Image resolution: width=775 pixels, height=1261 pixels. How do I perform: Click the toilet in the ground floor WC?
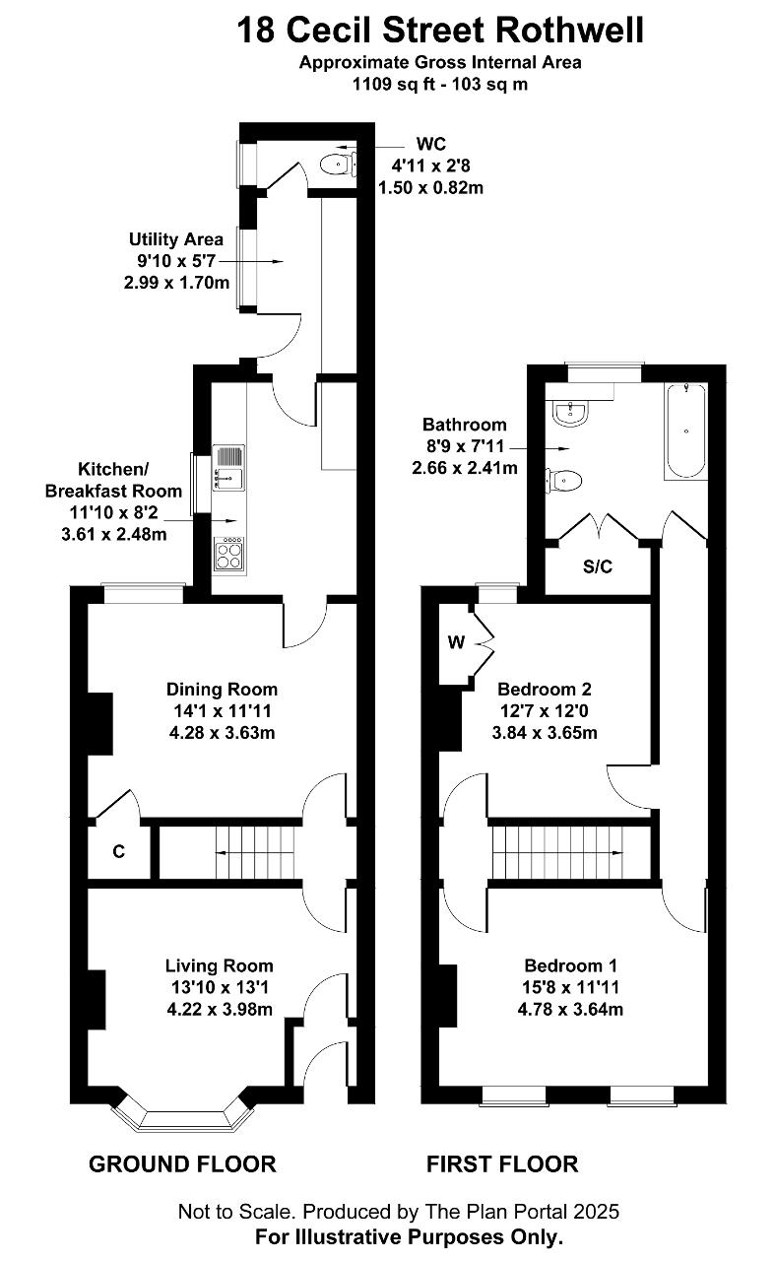[338, 165]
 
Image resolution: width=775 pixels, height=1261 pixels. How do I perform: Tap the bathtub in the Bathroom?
[686, 431]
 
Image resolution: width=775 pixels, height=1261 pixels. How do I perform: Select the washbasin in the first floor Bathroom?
[570, 412]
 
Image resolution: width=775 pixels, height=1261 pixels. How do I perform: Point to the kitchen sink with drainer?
[228, 468]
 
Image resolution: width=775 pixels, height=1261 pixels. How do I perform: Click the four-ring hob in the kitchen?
[229, 555]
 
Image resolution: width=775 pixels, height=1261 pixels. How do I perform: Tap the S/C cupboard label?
[597, 566]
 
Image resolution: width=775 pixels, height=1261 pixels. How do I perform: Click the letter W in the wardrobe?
[456, 641]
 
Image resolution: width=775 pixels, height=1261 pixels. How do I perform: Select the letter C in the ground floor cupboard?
[118, 851]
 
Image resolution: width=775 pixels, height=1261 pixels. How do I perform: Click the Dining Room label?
[222, 689]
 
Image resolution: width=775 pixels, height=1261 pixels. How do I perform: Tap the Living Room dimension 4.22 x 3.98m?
[220, 1009]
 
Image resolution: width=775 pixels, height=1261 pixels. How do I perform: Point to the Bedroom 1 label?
[571, 965]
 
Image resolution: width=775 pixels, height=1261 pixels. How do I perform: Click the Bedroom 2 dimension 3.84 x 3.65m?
[545, 732]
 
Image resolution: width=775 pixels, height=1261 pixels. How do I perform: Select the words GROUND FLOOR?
[182, 1163]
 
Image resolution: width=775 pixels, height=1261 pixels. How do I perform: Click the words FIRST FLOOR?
[502, 1163]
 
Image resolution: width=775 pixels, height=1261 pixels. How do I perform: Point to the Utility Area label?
[176, 239]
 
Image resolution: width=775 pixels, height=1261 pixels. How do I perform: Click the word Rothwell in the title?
[569, 31]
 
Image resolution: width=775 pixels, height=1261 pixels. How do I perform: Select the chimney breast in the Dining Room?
[100, 723]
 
